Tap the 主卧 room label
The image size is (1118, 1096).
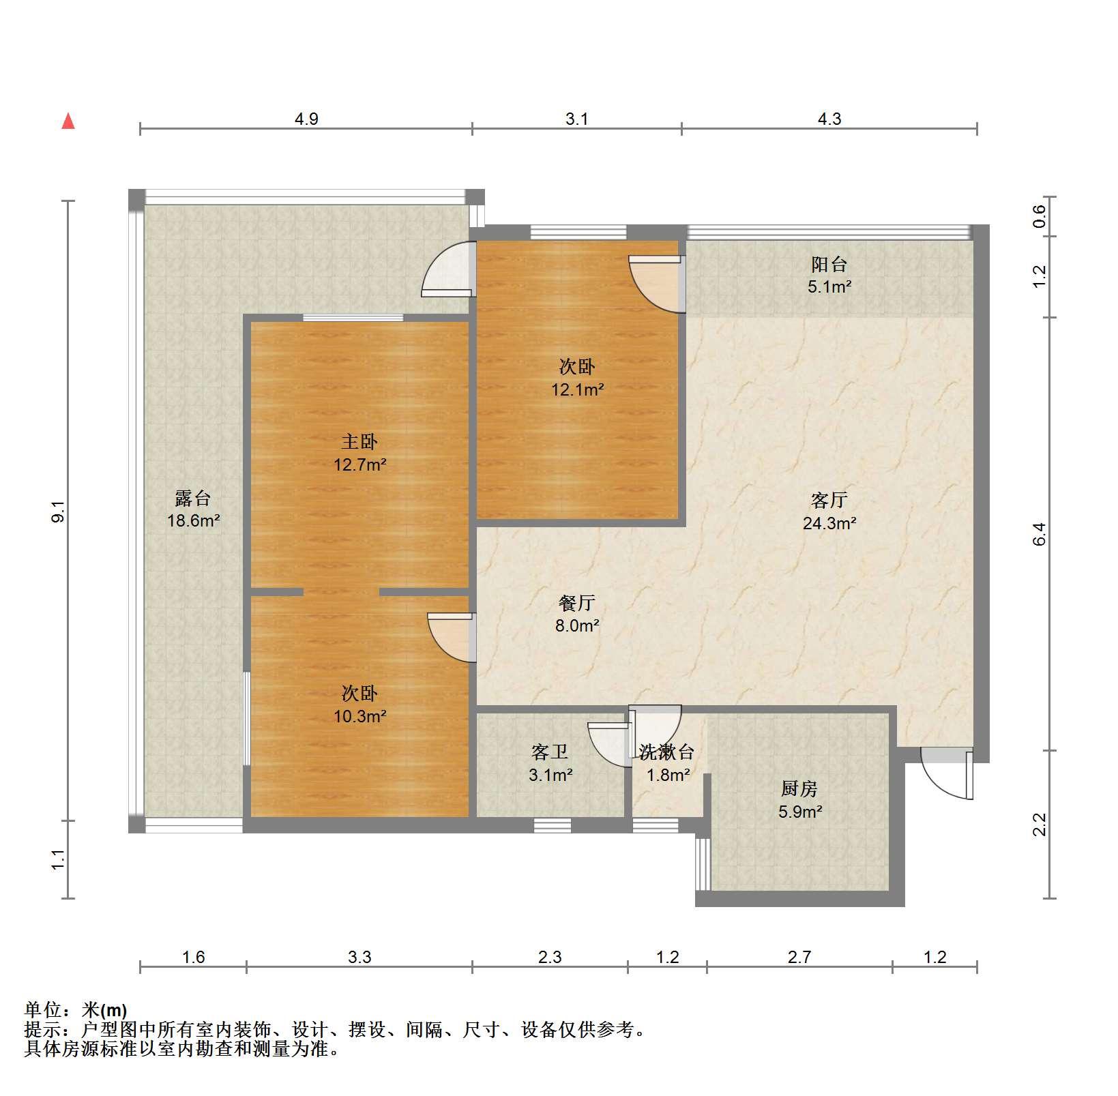coord(359,442)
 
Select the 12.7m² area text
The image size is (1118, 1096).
coord(359,465)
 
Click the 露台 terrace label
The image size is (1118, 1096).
coord(193,499)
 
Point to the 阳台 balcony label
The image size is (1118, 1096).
coord(829,264)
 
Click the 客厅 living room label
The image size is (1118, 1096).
coord(829,500)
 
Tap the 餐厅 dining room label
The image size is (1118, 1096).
coord(577,602)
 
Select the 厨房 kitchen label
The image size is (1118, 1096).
coord(799,789)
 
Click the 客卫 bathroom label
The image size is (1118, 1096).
coord(550,752)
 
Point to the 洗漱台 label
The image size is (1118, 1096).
coord(667,752)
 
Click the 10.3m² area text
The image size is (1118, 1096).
coord(359,716)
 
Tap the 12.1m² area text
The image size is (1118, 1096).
coord(577,390)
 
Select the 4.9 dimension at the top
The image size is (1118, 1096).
coord(306,119)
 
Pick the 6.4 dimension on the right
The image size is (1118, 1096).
coord(1039,534)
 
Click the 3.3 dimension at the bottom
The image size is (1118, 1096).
coord(359,957)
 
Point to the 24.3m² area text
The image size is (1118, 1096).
coord(829,523)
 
